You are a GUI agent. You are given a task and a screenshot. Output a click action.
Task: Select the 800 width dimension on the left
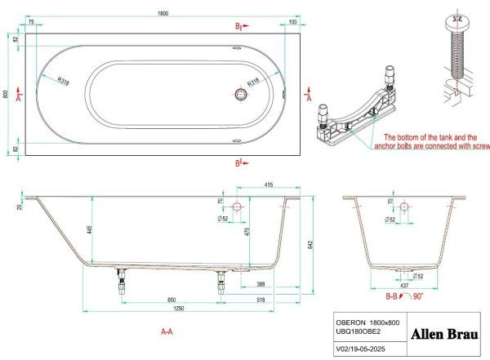[x=7, y=95]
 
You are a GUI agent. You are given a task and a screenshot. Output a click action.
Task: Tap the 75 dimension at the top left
[x=31, y=23]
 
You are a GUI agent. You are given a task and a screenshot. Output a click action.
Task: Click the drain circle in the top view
[x=241, y=95]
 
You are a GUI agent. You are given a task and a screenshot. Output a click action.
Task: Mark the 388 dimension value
[x=259, y=283]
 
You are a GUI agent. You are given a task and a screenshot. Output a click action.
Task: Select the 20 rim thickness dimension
[x=18, y=207]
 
